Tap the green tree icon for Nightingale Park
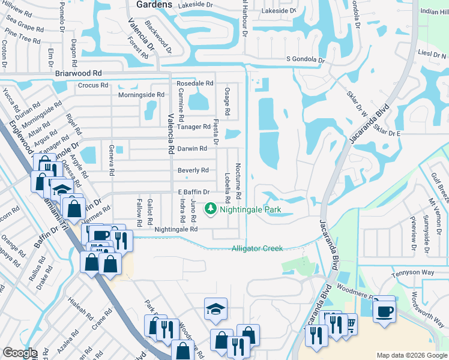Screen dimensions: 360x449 tap(210, 209)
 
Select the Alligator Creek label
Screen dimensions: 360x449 tap(258, 248)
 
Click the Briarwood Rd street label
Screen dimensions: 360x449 tap(78, 73)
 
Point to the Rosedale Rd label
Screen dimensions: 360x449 tap(195, 83)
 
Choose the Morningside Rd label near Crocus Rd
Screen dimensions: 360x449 tap(140, 95)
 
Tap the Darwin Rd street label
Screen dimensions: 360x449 tap(192, 148)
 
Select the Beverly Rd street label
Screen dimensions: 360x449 tap(193, 170)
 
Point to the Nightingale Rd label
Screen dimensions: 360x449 tap(176, 229)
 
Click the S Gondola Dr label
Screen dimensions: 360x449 tap(306, 60)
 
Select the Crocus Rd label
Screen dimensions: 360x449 tap(92, 85)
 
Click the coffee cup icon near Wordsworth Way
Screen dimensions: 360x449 tap(384, 311)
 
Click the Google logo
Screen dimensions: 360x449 tap(20, 353)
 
